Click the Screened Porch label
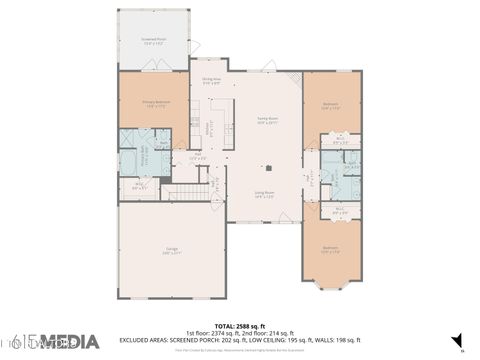[152, 42]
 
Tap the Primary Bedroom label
[155, 104]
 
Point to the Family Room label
[267, 120]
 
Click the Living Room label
[264, 193]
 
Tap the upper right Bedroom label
[331, 104]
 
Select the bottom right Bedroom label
[330, 249]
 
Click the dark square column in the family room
[268, 167]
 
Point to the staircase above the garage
[183, 192]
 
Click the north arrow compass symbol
[457, 341]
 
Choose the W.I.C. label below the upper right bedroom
[340, 141]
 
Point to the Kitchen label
[209, 128]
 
